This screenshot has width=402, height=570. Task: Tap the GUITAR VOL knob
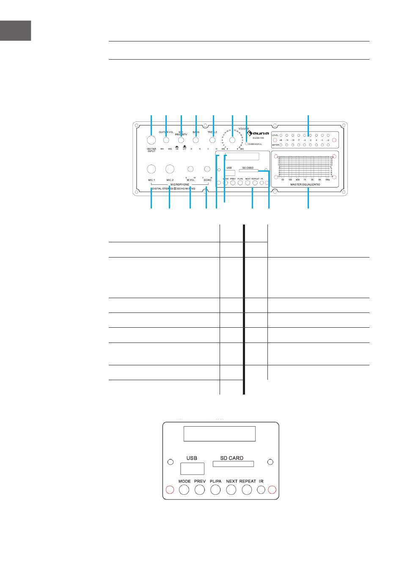166,140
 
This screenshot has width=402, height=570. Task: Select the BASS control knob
195,140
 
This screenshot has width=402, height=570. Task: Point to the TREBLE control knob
213,140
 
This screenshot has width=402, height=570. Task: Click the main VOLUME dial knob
232,140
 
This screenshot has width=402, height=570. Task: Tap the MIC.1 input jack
151,169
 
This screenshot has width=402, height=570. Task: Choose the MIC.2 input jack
169,169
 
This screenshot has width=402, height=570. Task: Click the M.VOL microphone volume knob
190,169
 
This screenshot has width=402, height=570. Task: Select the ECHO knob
207,169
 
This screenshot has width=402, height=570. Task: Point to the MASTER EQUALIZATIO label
305,185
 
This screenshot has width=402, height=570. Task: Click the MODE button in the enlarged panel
184,490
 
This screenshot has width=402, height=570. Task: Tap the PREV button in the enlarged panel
200,490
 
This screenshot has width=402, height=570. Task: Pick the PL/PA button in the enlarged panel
215,490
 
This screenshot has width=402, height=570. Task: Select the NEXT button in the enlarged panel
231,490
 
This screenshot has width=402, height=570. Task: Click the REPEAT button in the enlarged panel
247,490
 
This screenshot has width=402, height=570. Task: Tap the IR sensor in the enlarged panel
261,490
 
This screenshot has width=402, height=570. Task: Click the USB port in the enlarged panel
192,469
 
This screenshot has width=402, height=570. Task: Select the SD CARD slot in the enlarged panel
233,464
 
